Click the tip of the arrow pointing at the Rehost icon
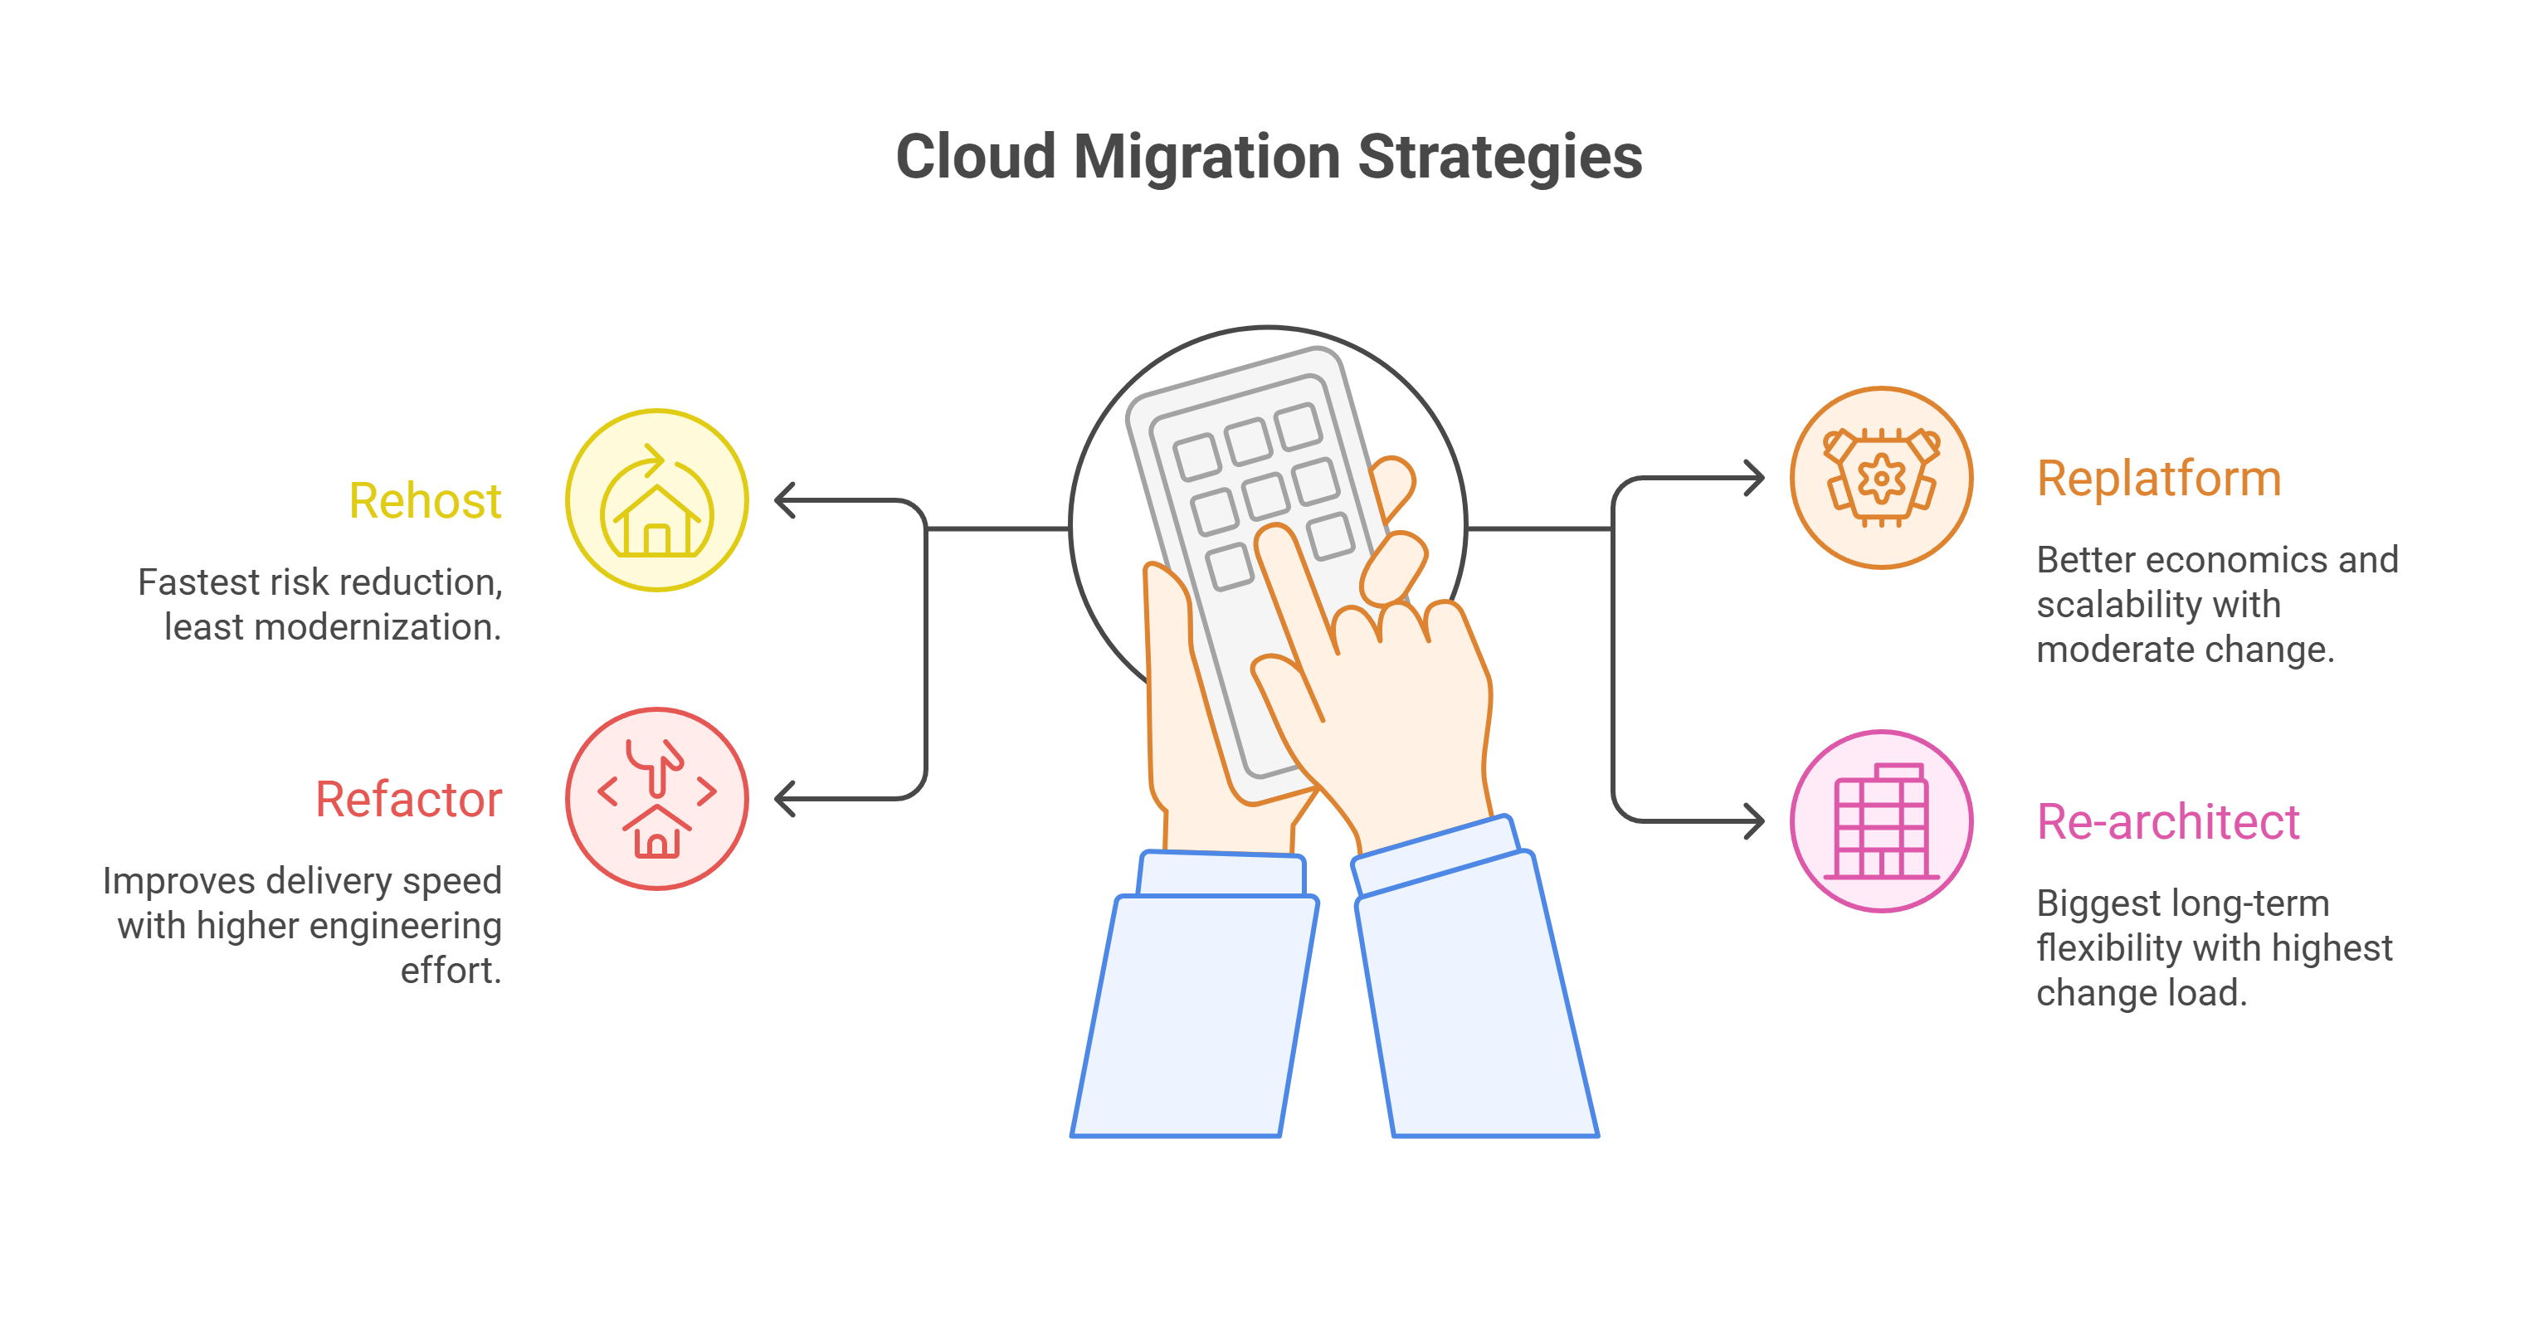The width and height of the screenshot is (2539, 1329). tap(777, 500)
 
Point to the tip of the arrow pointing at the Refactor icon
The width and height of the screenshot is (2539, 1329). tap(777, 798)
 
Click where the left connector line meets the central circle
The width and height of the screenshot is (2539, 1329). tap(1070, 529)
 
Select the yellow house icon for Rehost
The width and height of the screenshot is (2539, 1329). tap(657, 500)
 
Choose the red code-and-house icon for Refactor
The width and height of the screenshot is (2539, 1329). tap(657, 798)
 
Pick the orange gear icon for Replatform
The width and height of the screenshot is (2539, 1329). tap(1882, 478)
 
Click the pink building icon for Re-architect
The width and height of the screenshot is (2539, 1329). tap(1882, 820)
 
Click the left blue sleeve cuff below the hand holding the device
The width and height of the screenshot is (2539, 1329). tap(1221, 874)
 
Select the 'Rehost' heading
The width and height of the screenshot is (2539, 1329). tap(425, 500)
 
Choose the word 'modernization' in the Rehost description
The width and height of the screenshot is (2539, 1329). tap(373, 626)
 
